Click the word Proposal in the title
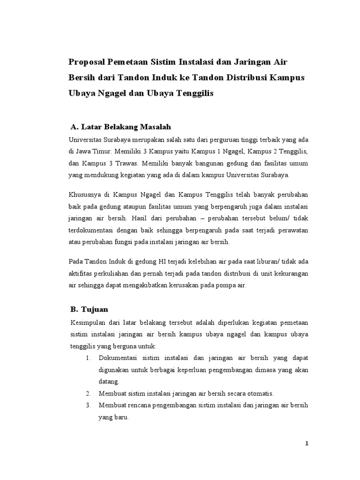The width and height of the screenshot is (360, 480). tap(87, 62)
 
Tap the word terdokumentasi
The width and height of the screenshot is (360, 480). tap(90, 231)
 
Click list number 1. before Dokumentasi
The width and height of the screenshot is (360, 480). tap(88, 358)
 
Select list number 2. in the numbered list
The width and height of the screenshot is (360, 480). tap(88, 393)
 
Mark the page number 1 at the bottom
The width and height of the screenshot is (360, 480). tap(307, 444)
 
